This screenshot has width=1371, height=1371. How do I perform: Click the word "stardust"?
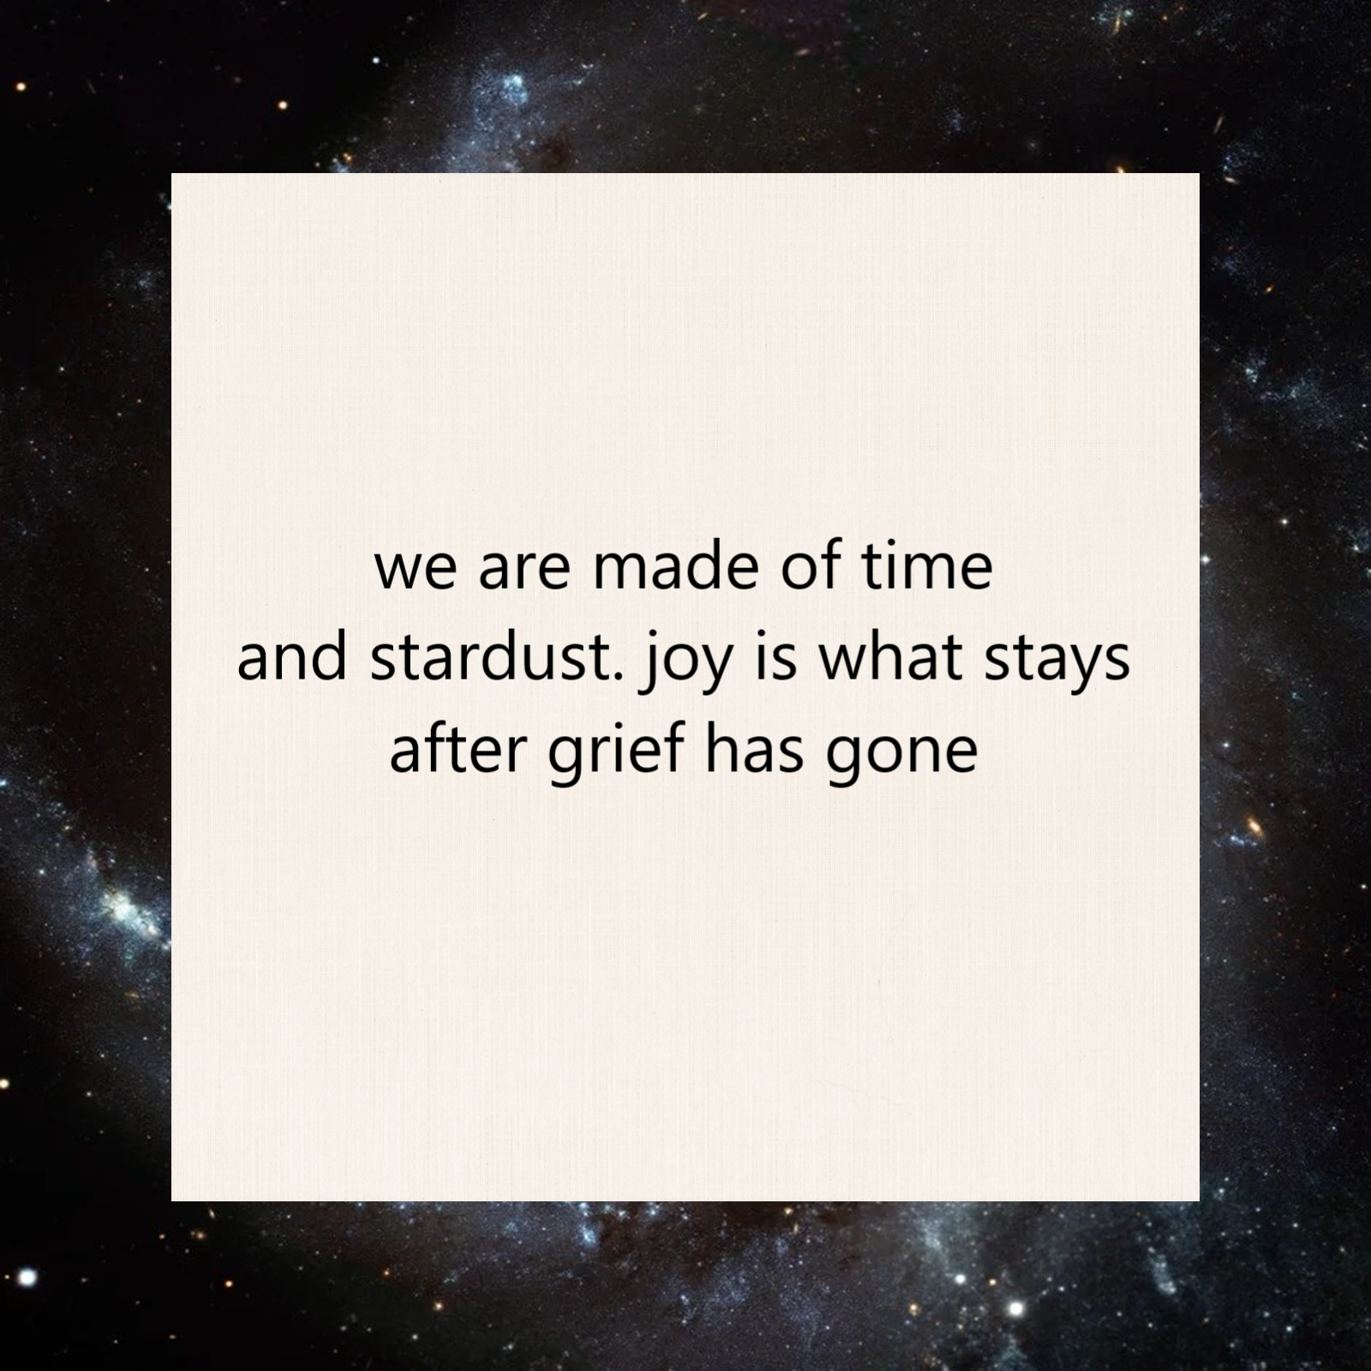click(x=489, y=660)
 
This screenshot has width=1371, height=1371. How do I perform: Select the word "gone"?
click(x=901, y=754)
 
